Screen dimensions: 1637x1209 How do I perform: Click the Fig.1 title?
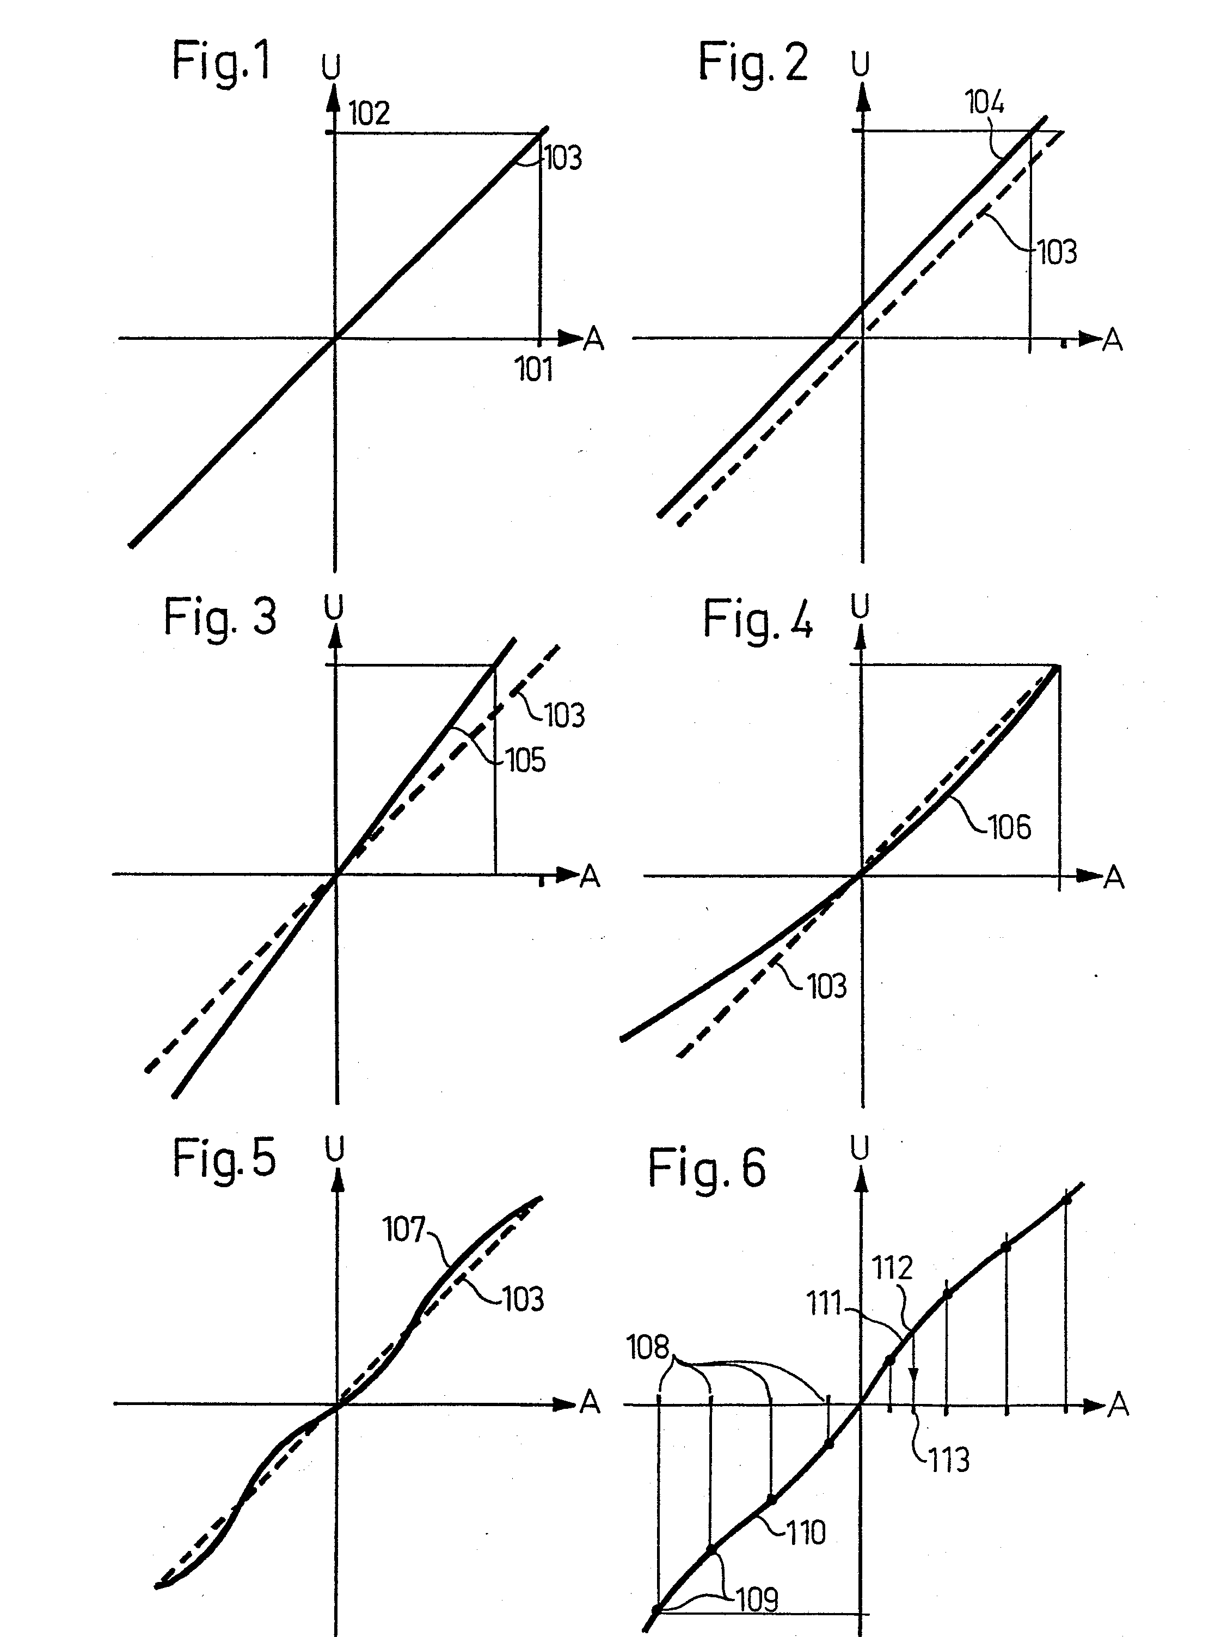(221, 62)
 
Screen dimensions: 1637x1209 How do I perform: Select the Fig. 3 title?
(219, 616)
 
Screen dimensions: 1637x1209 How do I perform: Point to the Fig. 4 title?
(757, 620)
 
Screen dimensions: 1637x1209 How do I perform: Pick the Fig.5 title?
(224, 1158)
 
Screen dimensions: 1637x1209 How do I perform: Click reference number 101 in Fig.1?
(533, 370)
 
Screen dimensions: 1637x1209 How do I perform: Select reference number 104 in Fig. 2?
(985, 102)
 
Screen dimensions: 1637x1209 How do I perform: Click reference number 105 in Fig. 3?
(525, 761)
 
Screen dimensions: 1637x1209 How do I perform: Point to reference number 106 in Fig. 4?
(1009, 827)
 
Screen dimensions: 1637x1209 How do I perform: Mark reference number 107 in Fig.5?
(403, 1229)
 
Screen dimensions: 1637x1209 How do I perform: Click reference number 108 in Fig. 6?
(648, 1347)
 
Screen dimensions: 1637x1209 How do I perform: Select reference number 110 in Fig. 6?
(805, 1532)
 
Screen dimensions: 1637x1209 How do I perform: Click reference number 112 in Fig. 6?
(892, 1267)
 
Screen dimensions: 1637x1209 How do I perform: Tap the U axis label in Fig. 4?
(861, 606)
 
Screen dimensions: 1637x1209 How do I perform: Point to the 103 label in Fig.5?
(523, 1299)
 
